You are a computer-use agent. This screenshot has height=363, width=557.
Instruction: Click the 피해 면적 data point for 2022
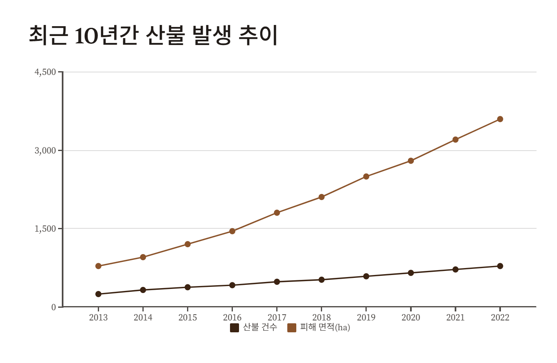[500, 119]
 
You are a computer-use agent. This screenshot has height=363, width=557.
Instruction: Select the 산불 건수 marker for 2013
[98, 294]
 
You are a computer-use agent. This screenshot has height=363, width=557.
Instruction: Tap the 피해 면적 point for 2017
[277, 212]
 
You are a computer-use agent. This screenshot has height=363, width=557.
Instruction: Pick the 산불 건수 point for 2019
[366, 276]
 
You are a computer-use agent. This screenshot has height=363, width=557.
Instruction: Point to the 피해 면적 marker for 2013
[98, 266]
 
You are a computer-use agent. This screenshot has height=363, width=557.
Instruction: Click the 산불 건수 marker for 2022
[500, 266]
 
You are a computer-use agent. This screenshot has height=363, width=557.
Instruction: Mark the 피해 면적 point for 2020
[410, 161]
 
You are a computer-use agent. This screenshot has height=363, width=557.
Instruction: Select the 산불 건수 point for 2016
[232, 285]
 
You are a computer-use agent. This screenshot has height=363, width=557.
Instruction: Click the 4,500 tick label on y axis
[45, 72]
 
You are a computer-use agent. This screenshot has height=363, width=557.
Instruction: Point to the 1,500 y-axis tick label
[45, 228]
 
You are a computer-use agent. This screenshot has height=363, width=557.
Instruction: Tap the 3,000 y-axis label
[45, 150]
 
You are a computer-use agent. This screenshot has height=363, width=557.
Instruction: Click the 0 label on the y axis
[54, 307]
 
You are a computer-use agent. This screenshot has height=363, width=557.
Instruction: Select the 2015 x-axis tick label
[187, 318]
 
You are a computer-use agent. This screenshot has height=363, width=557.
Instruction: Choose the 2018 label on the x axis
[321, 318]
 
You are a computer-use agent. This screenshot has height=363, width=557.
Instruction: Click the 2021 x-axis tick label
[455, 318]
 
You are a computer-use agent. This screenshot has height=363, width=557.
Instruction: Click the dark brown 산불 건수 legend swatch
[235, 327]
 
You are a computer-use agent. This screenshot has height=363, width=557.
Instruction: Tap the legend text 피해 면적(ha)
[325, 327]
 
